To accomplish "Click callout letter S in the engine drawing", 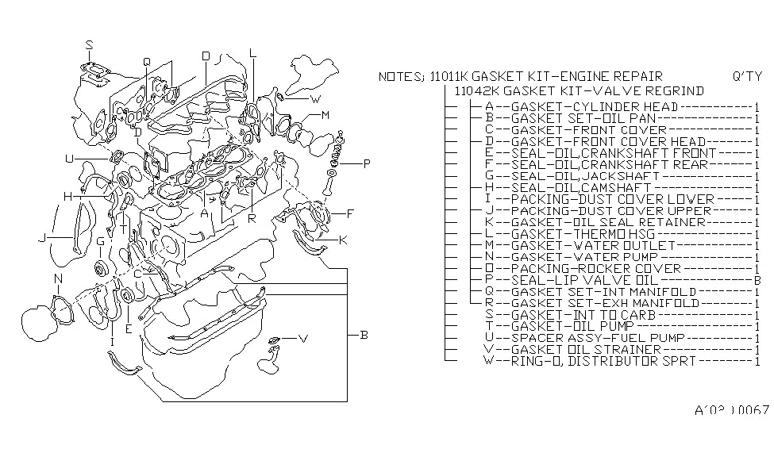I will coord(89,44).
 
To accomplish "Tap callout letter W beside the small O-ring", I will coord(315,100).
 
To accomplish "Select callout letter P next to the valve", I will coord(367,164).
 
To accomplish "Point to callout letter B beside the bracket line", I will coord(364,336).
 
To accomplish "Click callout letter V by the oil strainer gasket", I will coord(302,339).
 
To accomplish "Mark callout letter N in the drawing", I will coord(58,278).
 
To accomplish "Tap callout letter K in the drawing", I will coord(343,240).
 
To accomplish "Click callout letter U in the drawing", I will coord(70,159).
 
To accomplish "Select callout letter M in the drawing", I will coord(325,116).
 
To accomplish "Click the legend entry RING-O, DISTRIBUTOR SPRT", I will coord(604,361).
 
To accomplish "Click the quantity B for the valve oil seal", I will coord(758,280).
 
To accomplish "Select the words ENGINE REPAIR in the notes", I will coord(615,77).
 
